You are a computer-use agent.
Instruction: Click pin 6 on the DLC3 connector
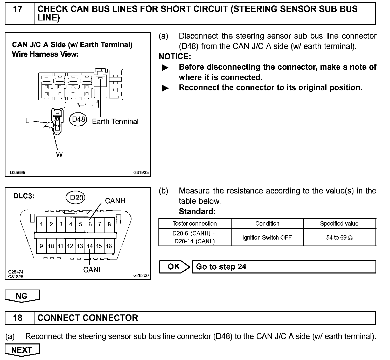click(x=90, y=224)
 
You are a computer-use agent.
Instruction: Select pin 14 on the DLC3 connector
click(x=90, y=246)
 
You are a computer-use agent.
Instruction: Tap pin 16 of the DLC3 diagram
click(x=109, y=246)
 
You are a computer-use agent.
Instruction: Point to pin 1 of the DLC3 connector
click(x=41, y=224)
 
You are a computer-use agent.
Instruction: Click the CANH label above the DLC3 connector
click(x=115, y=201)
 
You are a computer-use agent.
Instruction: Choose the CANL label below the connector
click(x=93, y=270)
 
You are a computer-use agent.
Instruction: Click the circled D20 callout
click(x=76, y=198)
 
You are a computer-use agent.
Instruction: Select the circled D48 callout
click(x=78, y=119)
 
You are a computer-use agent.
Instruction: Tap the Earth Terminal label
click(x=115, y=121)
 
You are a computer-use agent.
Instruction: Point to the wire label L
click(x=27, y=121)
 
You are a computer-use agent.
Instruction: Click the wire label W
click(x=59, y=154)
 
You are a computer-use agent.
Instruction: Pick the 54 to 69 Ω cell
click(x=339, y=237)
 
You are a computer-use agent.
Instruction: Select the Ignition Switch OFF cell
click(x=267, y=237)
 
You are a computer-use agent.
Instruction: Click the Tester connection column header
click(x=194, y=224)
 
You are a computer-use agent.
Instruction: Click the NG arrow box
click(x=22, y=296)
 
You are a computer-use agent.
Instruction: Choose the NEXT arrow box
click(x=22, y=350)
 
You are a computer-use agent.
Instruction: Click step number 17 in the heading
click(x=18, y=9)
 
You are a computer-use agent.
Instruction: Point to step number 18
click(x=18, y=318)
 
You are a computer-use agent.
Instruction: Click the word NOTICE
click(x=175, y=56)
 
